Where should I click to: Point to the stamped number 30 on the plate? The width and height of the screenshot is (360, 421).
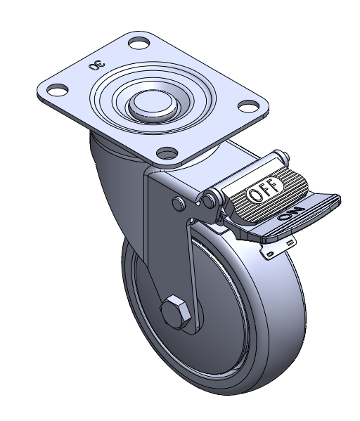point(97,65)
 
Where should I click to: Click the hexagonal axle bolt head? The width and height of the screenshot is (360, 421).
point(176,312)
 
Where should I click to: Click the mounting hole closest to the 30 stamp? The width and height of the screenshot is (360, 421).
point(139,43)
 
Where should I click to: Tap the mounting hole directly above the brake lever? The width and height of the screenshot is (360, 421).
point(248,106)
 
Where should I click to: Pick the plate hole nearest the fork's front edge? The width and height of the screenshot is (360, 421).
point(167,153)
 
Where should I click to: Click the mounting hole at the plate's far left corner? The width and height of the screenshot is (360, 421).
point(57,90)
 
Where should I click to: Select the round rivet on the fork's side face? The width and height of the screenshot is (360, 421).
point(179,204)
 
